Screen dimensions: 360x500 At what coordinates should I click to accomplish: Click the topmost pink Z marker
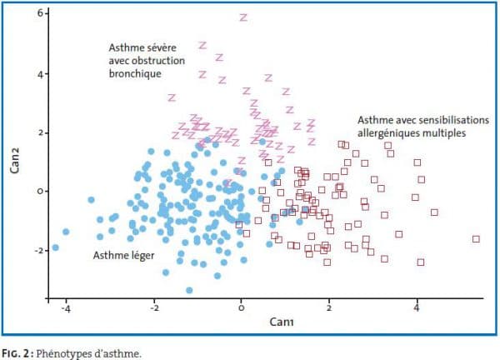(x=243, y=17)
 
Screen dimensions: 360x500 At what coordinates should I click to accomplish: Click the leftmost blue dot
(x=56, y=247)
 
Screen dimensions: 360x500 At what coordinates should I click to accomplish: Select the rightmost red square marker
(x=476, y=239)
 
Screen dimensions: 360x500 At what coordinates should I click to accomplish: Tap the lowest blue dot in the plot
(x=189, y=290)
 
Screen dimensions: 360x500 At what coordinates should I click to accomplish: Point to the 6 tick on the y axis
(x=39, y=16)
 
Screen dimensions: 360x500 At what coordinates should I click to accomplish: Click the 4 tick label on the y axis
(x=39, y=74)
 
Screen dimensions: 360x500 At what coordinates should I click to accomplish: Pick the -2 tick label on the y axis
(x=37, y=250)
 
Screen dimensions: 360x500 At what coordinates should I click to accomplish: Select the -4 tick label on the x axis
(x=65, y=308)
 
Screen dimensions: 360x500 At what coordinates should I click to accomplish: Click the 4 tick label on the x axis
(x=417, y=308)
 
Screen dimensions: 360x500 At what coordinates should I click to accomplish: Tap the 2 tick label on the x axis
(x=329, y=308)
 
